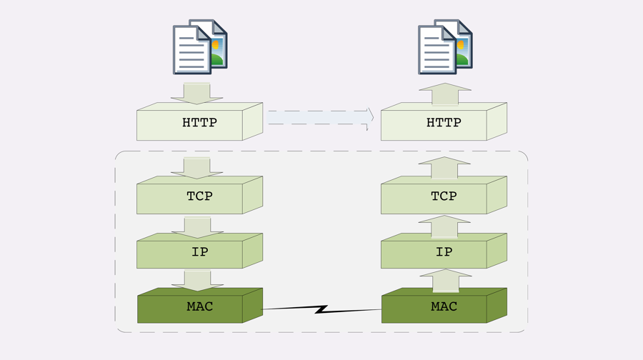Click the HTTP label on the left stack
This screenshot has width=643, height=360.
coord(199,123)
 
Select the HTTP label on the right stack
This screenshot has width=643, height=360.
coord(444,123)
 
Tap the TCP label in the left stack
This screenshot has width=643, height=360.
coord(199,196)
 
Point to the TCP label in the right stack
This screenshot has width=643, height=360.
coord(444,196)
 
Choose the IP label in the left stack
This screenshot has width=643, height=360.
coord(199,251)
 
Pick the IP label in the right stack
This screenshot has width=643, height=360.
coord(444,251)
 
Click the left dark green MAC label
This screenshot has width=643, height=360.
coord(199,306)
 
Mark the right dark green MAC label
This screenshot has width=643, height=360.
coord(444,306)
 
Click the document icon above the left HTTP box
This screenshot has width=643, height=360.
coord(199,47)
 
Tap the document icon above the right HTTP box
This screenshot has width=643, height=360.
coord(444,47)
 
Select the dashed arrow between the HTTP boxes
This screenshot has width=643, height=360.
coord(321,118)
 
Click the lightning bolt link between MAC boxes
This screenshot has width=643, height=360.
coord(321,309)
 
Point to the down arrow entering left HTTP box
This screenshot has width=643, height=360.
coord(196,94)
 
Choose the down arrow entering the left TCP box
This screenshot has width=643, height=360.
coord(196,168)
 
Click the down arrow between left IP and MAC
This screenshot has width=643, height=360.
coord(196,280)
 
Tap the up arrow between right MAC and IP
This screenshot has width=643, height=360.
coord(445,280)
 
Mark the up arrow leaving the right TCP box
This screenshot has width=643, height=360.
coord(445,168)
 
